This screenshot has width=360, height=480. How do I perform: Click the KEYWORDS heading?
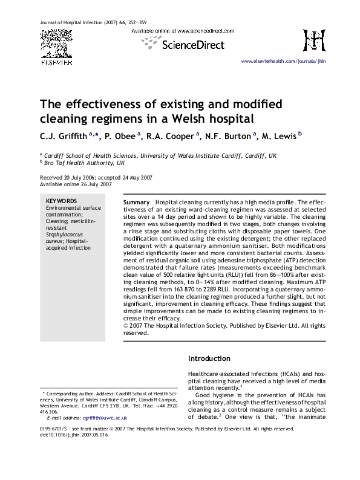62,201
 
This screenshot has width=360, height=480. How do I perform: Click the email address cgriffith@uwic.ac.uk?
105,418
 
